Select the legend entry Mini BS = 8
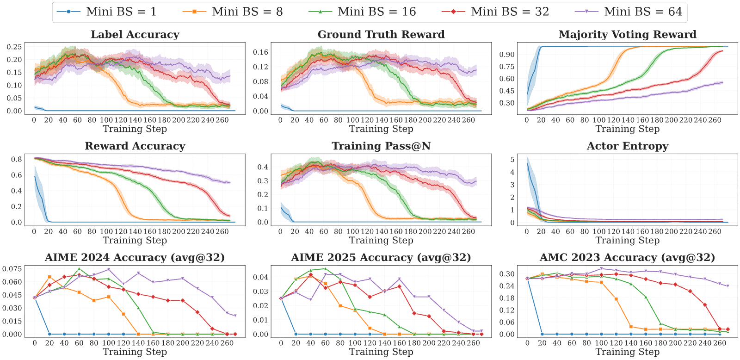coord(233,12)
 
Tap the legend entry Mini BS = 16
coord(362,12)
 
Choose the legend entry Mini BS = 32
coord(495,12)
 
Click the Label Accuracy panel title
coord(135,34)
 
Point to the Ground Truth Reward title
coord(381,34)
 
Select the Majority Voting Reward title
coord(628,34)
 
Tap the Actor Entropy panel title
coord(628,146)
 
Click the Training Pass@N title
coord(381,146)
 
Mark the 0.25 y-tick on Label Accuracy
coord(14,47)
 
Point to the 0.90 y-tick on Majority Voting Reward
coord(507,54)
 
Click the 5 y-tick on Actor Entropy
coord(512,159)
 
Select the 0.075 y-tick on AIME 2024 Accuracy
coord(12,269)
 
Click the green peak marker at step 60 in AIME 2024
coord(79,269)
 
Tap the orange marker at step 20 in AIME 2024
coord(49,277)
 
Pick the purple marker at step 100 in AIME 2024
coord(109,270)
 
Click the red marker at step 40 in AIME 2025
coord(310,275)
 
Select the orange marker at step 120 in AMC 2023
coord(616,299)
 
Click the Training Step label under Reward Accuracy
coord(135,240)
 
